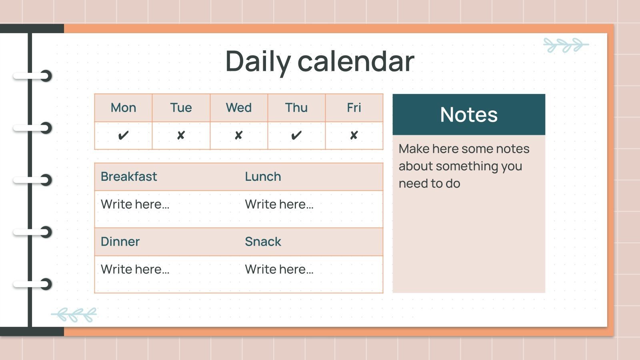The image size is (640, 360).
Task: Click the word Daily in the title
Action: click(258, 62)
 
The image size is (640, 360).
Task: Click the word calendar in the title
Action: click(356, 62)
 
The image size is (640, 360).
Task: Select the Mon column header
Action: click(123, 108)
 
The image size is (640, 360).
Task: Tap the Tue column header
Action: click(181, 108)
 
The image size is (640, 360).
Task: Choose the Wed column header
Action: click(239, 108)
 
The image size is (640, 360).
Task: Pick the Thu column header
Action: click(296, 108)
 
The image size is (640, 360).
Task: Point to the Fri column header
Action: click(354, 108)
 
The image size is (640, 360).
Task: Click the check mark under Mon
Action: click(123, 136)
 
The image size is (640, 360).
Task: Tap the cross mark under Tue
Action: click(181, 136)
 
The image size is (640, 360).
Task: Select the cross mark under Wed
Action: click(239, 136)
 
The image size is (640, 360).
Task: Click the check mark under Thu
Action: click(296, 136)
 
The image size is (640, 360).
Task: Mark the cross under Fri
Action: click(354, 136)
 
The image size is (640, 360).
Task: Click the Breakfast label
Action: click(129, 176)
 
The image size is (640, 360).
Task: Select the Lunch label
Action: click(263, 176)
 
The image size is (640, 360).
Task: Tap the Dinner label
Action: click(120, 242)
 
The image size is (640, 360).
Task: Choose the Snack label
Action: click(263, 242)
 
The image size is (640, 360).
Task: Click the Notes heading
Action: click(469, 115)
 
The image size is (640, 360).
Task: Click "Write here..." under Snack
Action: click(279, 269)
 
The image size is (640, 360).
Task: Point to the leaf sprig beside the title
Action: click(566, 45)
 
